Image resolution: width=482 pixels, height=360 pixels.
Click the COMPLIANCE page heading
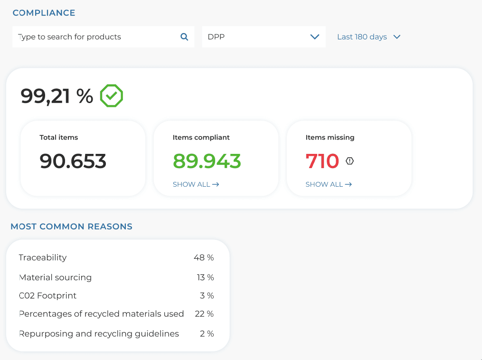click(44, 13)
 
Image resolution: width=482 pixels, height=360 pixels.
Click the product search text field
click(95, 37)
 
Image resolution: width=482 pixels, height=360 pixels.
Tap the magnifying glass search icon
click(184, 37)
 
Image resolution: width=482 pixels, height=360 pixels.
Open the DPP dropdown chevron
click(314, 37)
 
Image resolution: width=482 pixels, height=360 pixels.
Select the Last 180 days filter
click(369, 37)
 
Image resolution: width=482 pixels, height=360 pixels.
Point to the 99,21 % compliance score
click(57, 96)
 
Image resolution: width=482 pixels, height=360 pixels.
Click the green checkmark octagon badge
click(112, 96)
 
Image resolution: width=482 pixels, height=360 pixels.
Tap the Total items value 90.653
click(73, 161)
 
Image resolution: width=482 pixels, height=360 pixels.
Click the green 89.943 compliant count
click(207, 161)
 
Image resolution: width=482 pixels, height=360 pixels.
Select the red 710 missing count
click(322, 161)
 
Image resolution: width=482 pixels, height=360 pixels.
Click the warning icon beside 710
click(350, 161)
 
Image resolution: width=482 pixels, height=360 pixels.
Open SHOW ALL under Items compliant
click(196, 184)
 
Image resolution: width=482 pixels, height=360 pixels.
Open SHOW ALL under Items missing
click(329, 184)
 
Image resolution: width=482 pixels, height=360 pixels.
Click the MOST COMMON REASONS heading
click(71, 227)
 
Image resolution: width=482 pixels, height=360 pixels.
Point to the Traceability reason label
click(43, 257)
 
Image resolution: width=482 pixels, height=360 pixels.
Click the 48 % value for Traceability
click(204, 257)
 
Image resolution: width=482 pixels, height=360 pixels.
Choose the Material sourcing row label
click(56, 277)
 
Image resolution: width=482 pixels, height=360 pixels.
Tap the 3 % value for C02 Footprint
click(207, 295)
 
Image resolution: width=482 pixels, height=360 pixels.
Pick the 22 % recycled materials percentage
click(204, 314)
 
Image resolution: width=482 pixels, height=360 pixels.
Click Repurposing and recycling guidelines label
click(99, 333)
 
